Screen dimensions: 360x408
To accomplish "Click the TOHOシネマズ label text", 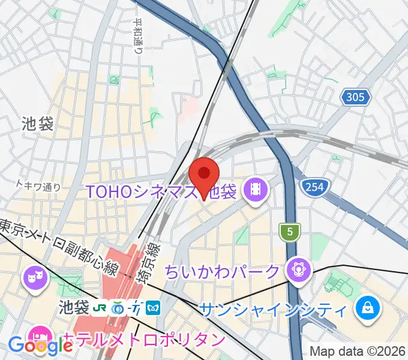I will [x=144, y=192].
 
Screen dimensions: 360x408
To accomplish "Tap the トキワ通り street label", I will [x=38, y=187].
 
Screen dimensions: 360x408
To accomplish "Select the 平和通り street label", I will [x=139, y=36].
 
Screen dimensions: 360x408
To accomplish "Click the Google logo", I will [x=40, y=346].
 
